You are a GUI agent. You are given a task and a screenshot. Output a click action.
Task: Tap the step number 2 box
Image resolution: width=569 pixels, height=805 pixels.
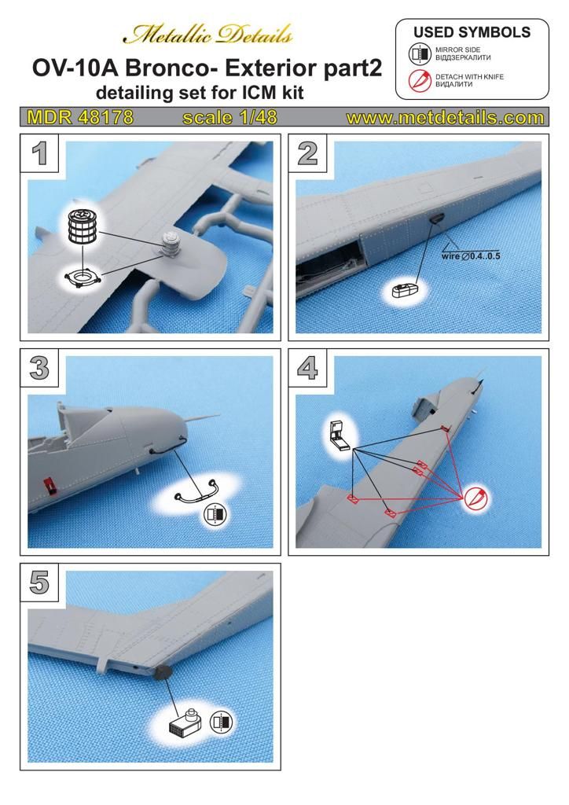[x=308, y=153]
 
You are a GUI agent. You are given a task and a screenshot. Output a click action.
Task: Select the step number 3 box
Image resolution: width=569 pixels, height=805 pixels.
[x=40, y=368]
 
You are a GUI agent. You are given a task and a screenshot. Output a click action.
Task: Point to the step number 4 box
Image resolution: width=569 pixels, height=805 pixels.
[x=308, y=368]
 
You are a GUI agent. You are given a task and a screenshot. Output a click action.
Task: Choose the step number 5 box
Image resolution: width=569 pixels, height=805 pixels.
[x=40, y=583]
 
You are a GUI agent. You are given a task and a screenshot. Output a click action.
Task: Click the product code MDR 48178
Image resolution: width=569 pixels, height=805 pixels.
[x=79, y=118]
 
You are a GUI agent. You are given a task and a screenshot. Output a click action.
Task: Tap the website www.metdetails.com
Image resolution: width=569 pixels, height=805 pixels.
[x=445, y=118]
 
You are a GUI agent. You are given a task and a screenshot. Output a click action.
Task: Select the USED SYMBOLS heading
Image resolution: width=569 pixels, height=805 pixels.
[x=472, y=32]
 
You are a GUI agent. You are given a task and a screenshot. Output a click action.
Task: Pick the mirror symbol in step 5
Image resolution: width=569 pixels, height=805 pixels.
[x=223, y=720]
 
